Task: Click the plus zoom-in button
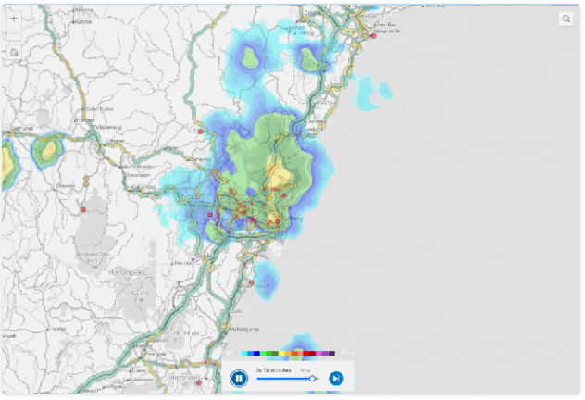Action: [x=14, y=19]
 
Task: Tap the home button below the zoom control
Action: [x=14, y=53]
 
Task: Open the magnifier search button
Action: [x=566, y=19]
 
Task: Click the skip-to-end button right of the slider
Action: [x=336, y=378]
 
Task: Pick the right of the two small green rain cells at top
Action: [x=310, y=61]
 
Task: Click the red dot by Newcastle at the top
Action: [x=373, y=35]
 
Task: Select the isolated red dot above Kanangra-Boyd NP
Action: [x=82, y=210]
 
